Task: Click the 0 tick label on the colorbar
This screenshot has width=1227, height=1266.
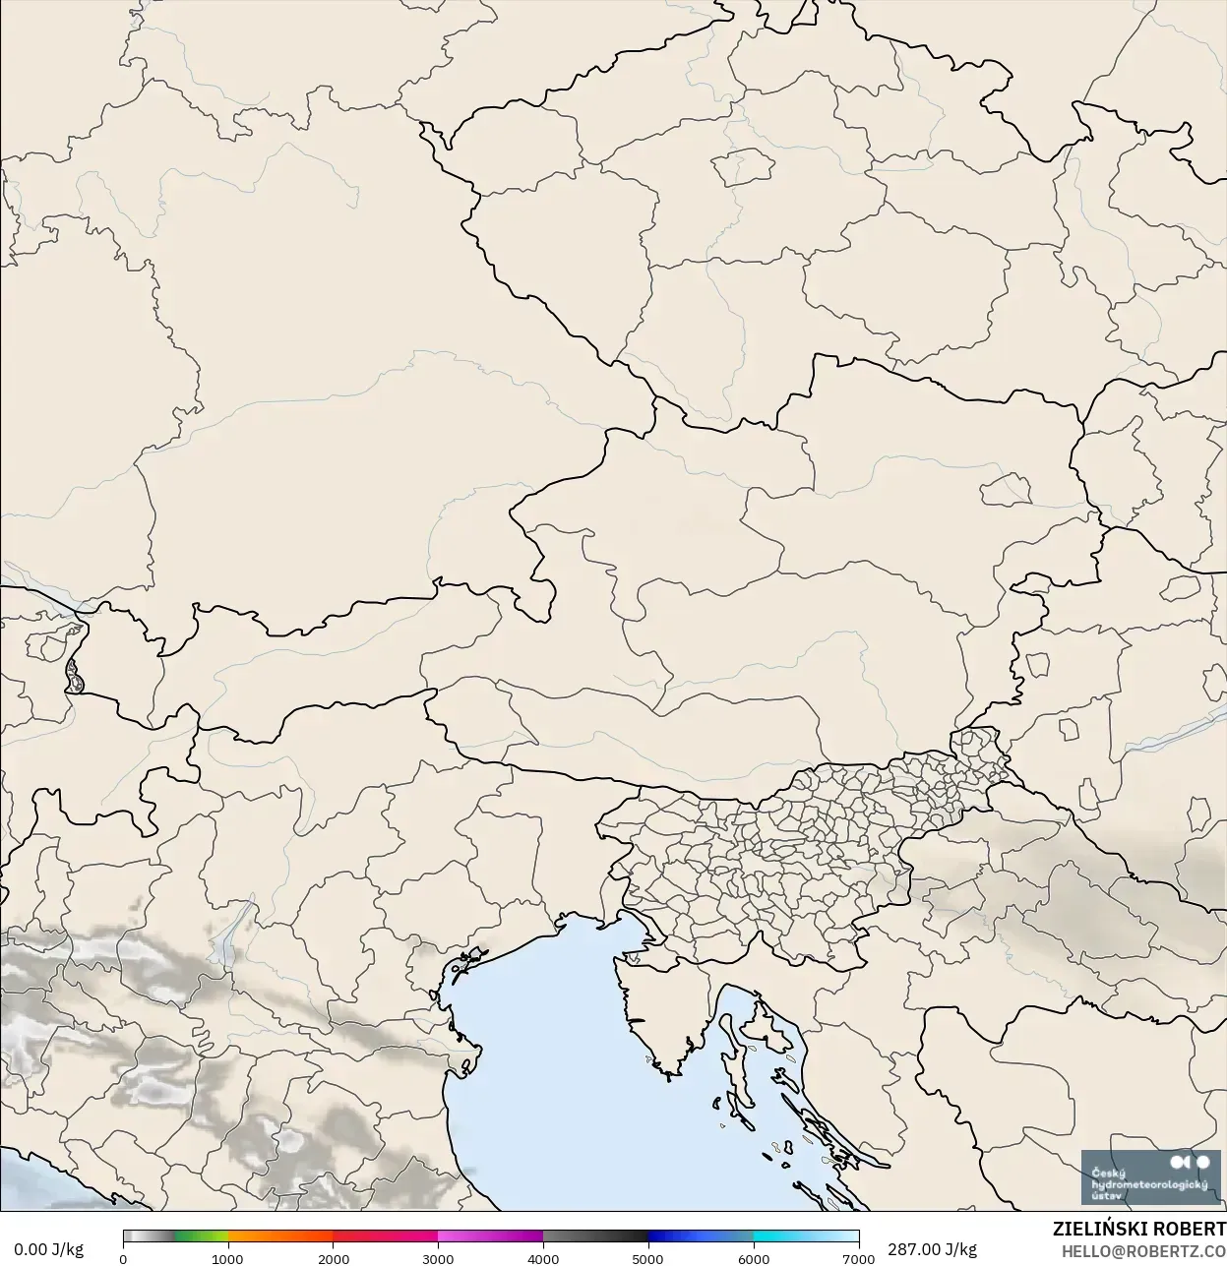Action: pyautogui.click(x=123, y=1258)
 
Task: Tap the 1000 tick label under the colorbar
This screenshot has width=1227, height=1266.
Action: pyautogui.click(x=227, y=1258)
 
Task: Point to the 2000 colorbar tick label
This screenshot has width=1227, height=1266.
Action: pyautogui.click(x=334, y=1258)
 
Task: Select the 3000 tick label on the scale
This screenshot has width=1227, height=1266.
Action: pyautogui.click(x=438, y=1258)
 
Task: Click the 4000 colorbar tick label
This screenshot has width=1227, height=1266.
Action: pyautogui.click(x=543, y=1258)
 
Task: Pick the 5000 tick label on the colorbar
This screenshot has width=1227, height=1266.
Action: pyautogui.click(x=647, y=1258)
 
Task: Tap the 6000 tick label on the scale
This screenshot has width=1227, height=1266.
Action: pyautogui.click(x=754, y=1258)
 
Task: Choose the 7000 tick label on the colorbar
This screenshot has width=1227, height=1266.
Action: pyautogui.click(x=858, y=1258)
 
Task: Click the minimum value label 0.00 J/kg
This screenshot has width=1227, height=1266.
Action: pyautogui.click(x=48, y=1249)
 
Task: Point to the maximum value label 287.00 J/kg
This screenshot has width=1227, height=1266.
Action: pyautogui.click(x=932, y=1249)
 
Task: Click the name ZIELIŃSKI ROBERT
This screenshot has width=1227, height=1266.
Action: pyautogui.click(x=1138, y=1229)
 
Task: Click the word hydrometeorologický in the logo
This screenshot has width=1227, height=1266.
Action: pyautogui.click(x=1149, y=1185)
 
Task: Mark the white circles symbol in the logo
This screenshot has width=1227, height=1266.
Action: pyautogui.click(x=1191, y=1164)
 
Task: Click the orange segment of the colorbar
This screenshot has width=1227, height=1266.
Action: pyautogui.click(x=280, y=1236)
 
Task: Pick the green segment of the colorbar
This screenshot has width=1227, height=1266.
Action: pyautogui.click(x=202, y=1236)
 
